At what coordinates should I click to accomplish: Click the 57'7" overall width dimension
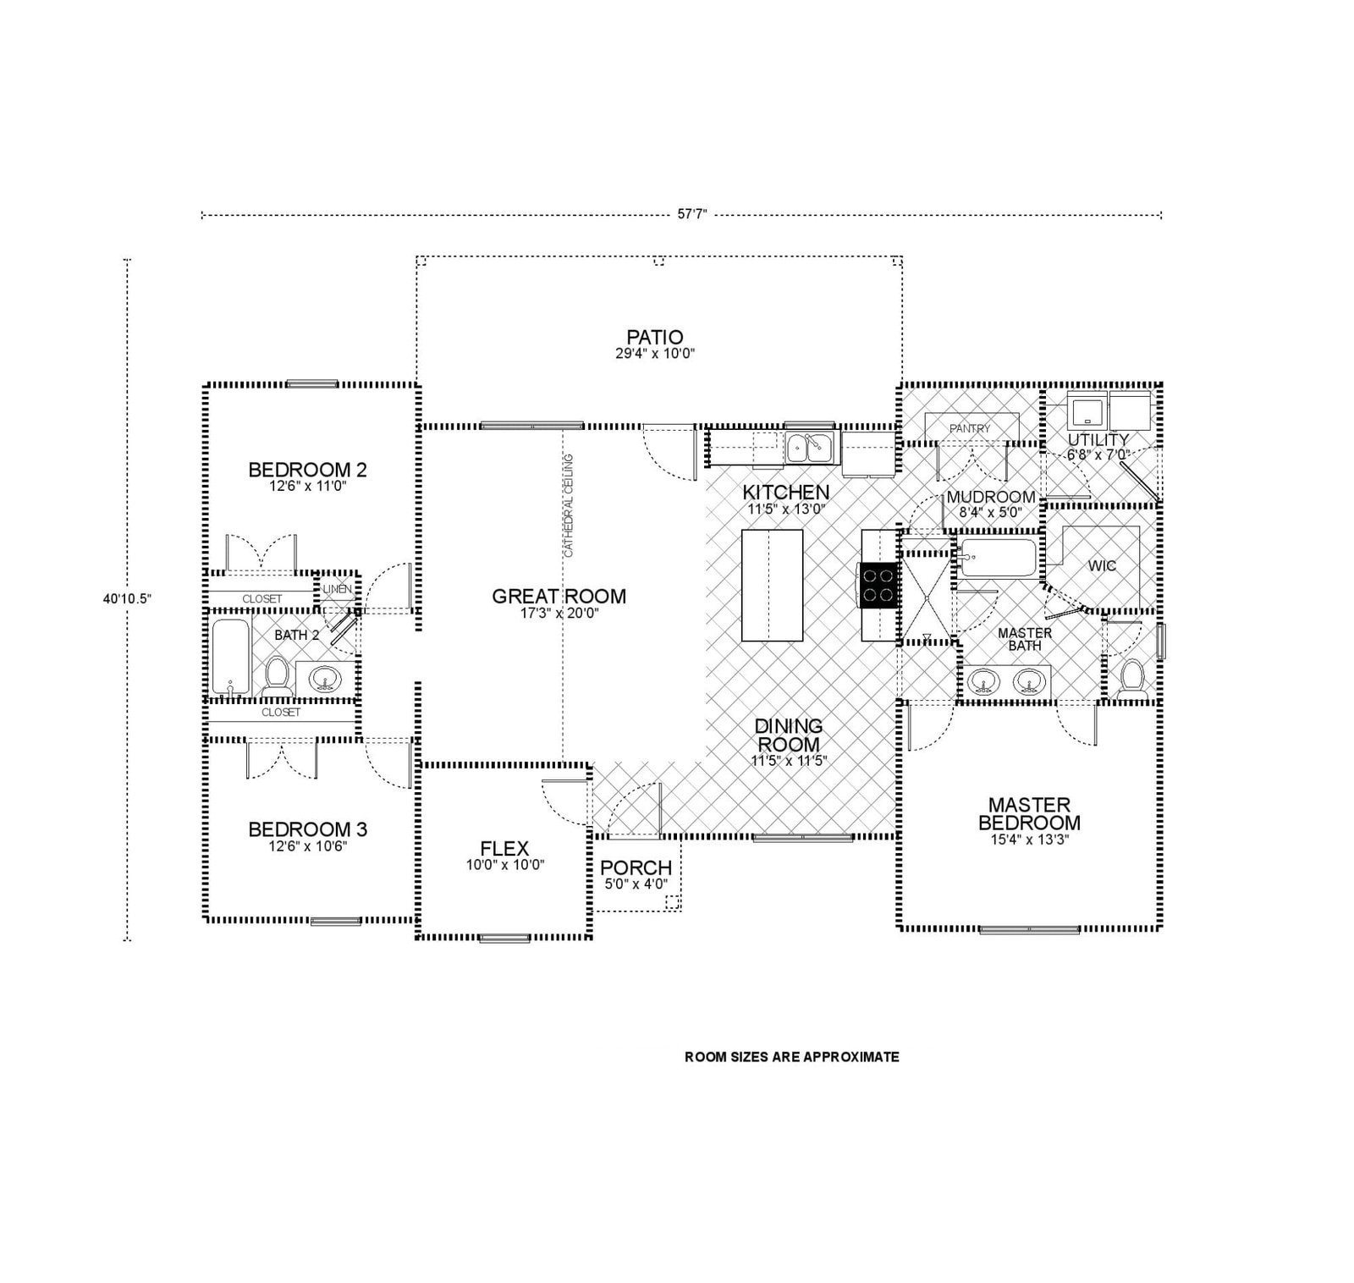(691, 215)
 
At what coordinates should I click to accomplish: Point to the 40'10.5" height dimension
(127, 598)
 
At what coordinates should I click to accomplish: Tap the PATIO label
(655, 338)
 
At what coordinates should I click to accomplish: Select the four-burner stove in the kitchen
(878, 585)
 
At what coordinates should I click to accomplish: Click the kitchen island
(772, 586)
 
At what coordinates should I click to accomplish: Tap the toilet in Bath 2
(276, 677)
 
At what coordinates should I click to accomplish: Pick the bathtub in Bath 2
(229, 658)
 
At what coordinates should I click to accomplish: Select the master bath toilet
(1131, 680)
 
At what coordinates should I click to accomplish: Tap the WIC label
(1102, 565)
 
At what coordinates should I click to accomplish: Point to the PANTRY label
(969, 428)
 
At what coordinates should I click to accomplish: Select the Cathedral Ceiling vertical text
(569, 505)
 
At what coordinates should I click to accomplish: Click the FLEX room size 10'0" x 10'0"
(504, 865)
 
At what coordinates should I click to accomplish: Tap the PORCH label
(636, 867)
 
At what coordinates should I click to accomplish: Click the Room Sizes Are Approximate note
(791, 1057)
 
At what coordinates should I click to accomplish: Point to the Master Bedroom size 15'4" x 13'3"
(1028, 840)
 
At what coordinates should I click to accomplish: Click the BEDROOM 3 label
(307, 829)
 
